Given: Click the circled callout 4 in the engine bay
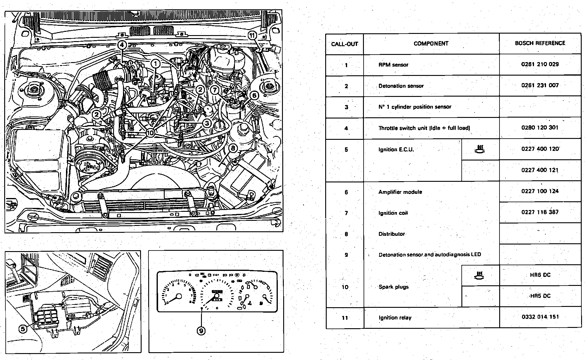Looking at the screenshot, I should point(122,45).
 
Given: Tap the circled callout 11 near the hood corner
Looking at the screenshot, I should point(252,35).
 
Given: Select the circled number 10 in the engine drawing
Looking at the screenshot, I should point(150,132).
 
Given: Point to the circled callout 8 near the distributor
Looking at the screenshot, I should point(233,148).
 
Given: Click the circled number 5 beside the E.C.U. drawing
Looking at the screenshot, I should point(23,329).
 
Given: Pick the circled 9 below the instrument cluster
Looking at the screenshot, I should point(201,331).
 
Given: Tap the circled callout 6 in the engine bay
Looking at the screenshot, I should point(254,95).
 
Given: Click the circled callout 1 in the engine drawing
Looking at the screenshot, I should point(155,64).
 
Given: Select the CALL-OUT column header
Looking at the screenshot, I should point(344,44).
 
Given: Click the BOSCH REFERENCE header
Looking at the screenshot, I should point(540,43).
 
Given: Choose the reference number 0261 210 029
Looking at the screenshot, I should point(540,64).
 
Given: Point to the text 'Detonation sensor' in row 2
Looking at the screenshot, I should point(401,86).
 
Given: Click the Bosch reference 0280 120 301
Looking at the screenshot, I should point(540,127).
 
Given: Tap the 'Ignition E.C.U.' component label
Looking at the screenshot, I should point(396,150).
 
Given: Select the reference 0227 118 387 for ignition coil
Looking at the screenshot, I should point(540,212).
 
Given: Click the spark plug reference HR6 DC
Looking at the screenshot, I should point(540,275).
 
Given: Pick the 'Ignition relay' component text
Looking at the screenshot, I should point(395,318).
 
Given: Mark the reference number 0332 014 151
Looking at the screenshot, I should point(540,317).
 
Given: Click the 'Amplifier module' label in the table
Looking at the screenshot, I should point(400,192).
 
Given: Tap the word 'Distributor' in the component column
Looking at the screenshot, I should point(391,234).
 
